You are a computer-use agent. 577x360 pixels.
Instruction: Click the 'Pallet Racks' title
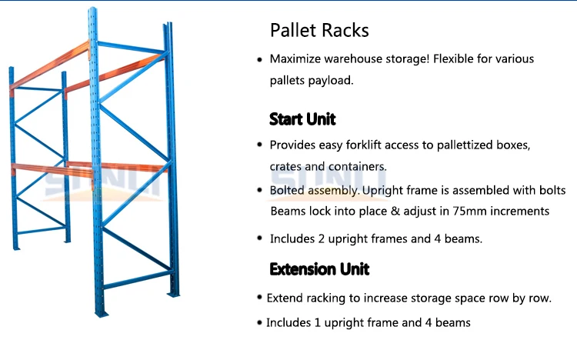pos(319,31)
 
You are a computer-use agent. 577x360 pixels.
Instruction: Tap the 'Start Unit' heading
pos(302,119)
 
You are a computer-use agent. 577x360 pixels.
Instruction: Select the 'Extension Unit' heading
pos(319,268)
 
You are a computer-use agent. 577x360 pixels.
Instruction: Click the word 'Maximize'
pos(294,59)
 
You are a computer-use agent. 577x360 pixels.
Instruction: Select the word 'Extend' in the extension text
pos(285,298)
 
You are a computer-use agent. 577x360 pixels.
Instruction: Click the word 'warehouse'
pos(350,59)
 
